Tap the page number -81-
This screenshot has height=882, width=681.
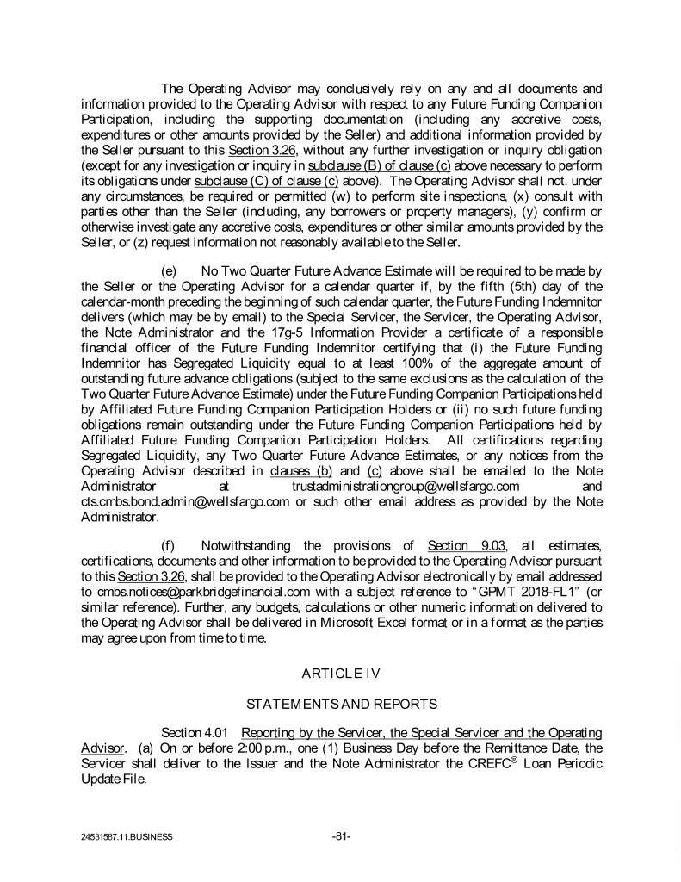pos(341,835)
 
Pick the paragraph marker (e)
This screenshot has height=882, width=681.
pos(170,270)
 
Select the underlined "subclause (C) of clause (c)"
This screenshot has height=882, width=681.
pos(267,181)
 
